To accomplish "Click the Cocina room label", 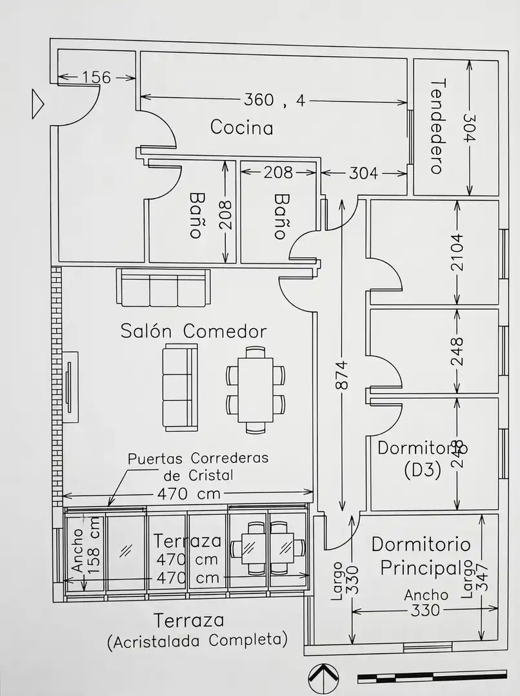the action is pyautogui.click(x=241, y=128).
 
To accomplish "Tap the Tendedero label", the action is pyautogui.click(x=438, y=126).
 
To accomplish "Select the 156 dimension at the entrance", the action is pyautogui.click(x=96, y=77).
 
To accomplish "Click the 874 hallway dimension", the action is pyautogui.click(x=342, y=375).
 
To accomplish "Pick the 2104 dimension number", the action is pyautogui.click(x=456, y=252).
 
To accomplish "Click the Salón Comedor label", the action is pyautogui.click(x=194, y=331).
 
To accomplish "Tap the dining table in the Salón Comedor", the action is pyautogui.click(x=255, y=389).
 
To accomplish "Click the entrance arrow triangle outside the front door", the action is pyautogui.click(x=37, y=104).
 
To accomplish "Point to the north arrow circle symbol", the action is pyautogui.click(x=324, y=680).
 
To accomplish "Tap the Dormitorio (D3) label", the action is pyautogui.click(x=422, y=459).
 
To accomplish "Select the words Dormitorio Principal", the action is pyautogui.click(x=421, y=556).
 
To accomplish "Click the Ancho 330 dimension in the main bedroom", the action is pyautogui.click(x=425, y=603).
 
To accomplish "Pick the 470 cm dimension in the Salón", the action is pyautogui.click(x=188, y=494).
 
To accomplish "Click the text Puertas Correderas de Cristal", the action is pyautogui.click(x=198, y=467).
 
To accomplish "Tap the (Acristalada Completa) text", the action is pyautogui.click(x=198, y=641).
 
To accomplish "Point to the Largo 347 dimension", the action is pyautogui.click(x=475, y=578).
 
